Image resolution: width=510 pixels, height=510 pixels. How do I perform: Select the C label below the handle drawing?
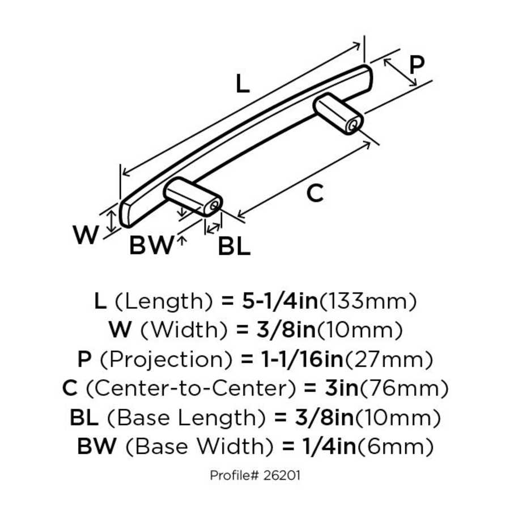click(314, 194)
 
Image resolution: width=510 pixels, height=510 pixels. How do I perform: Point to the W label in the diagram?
click(86, 235)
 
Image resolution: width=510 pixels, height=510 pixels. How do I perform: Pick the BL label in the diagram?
click(234, 246)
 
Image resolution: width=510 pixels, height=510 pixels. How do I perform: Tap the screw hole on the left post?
click(213, 207)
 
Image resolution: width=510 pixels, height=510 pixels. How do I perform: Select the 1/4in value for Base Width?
click(325, 447)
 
